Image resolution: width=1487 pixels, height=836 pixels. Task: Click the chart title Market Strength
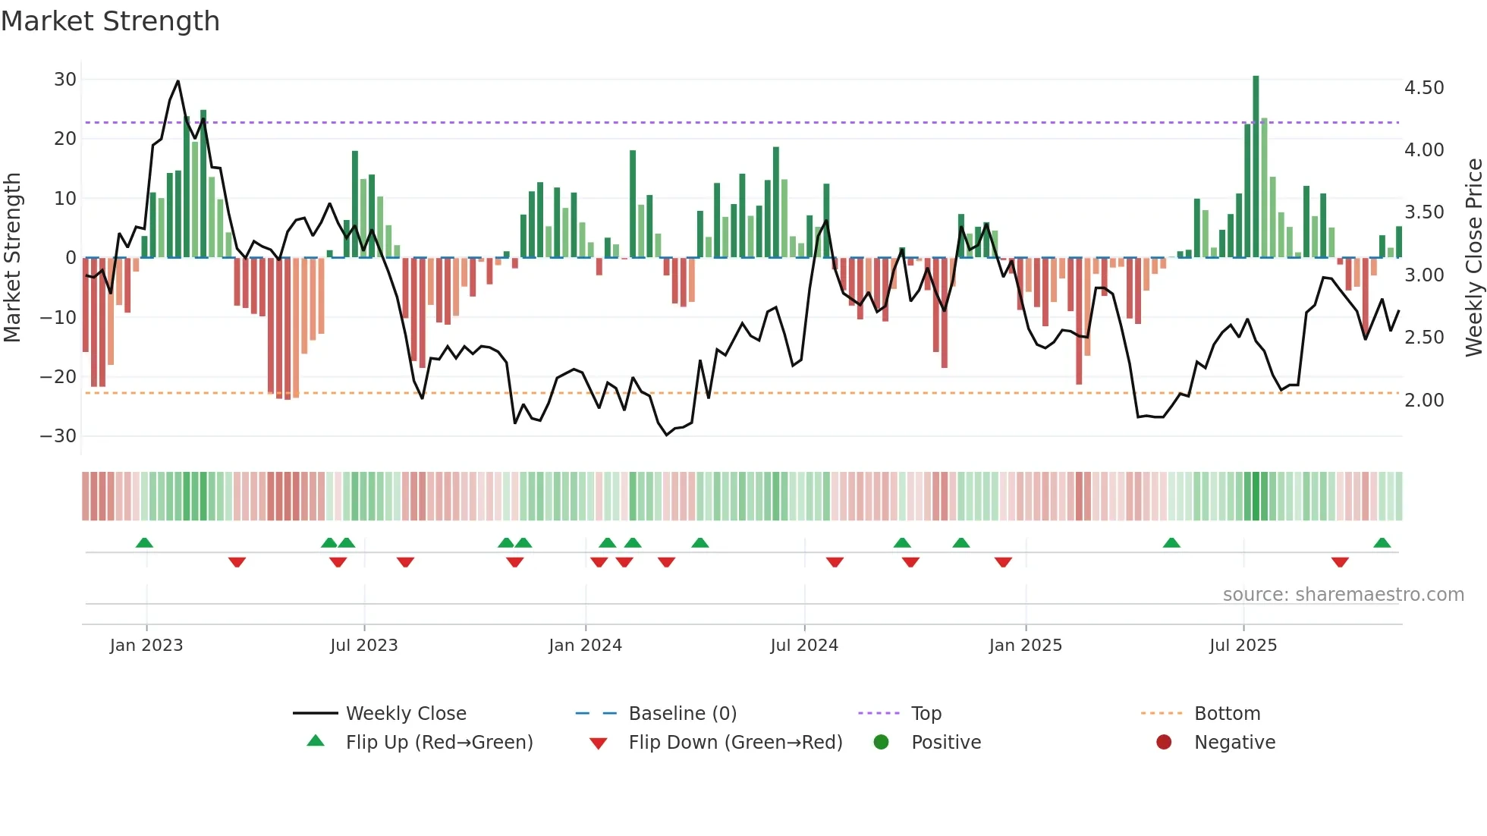pyautogui.click(x=110, y=21)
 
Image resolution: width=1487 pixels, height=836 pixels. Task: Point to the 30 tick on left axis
pyautogui.click(x=65, y=80)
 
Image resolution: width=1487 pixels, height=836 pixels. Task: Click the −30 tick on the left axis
pyautogui.click(x=58, y=436)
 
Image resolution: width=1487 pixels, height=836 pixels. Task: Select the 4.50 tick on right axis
pyautogui.click(x=1424, y=88)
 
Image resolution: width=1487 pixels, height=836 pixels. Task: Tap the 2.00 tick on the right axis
pyautogui.click(x=1424, y=401)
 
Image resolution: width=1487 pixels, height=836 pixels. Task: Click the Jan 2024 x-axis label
pyautogui.click(x=585, y=646)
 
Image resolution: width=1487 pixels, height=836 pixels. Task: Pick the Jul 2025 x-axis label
pyautogui.click(x=1243, y=646)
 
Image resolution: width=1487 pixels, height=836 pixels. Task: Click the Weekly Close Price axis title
pyautogui.click(x=1473, y=258)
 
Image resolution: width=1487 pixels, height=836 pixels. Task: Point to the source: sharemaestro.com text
pyautogui.click(x=1343, y=595)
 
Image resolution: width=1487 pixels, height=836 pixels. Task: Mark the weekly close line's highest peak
pyautogui.click(x=178, y=81)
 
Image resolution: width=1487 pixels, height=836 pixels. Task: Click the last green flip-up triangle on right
pyautogui.click(x=1382, y=543)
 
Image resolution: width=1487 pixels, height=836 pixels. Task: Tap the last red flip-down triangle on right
pyautogui.click(x=1340, y=562)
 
